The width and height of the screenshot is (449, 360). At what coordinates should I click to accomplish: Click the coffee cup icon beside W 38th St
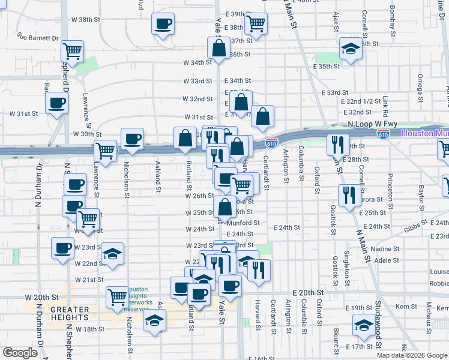(x=163, y=25)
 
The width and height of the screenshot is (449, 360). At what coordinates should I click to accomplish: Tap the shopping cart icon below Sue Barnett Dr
(x=72, y=52)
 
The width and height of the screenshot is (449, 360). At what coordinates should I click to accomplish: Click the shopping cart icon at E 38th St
(x=256, y=24)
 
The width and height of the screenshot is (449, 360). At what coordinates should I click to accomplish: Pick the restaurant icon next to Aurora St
(x=346, y=195)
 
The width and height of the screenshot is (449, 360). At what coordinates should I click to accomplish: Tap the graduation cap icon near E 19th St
(x=363, y=326)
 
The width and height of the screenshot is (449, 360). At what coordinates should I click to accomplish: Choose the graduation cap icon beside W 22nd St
(x=112, y=254)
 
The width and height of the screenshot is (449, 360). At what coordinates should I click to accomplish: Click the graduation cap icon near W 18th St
(x=154, y=320)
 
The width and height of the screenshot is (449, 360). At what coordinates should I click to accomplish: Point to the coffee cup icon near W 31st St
(x=57, y=103)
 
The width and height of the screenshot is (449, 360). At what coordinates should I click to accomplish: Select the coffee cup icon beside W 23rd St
(x=62, y=248)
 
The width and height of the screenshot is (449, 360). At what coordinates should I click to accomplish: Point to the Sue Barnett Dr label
(x=38, y=37)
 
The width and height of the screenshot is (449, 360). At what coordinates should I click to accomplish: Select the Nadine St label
(x=386, y=248)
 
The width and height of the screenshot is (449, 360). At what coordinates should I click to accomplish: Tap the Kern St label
(x=406, y=307)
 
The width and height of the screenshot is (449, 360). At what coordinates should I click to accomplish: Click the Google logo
(x=20, y=353)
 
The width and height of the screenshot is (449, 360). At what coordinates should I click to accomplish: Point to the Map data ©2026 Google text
(x=412, y=355)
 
